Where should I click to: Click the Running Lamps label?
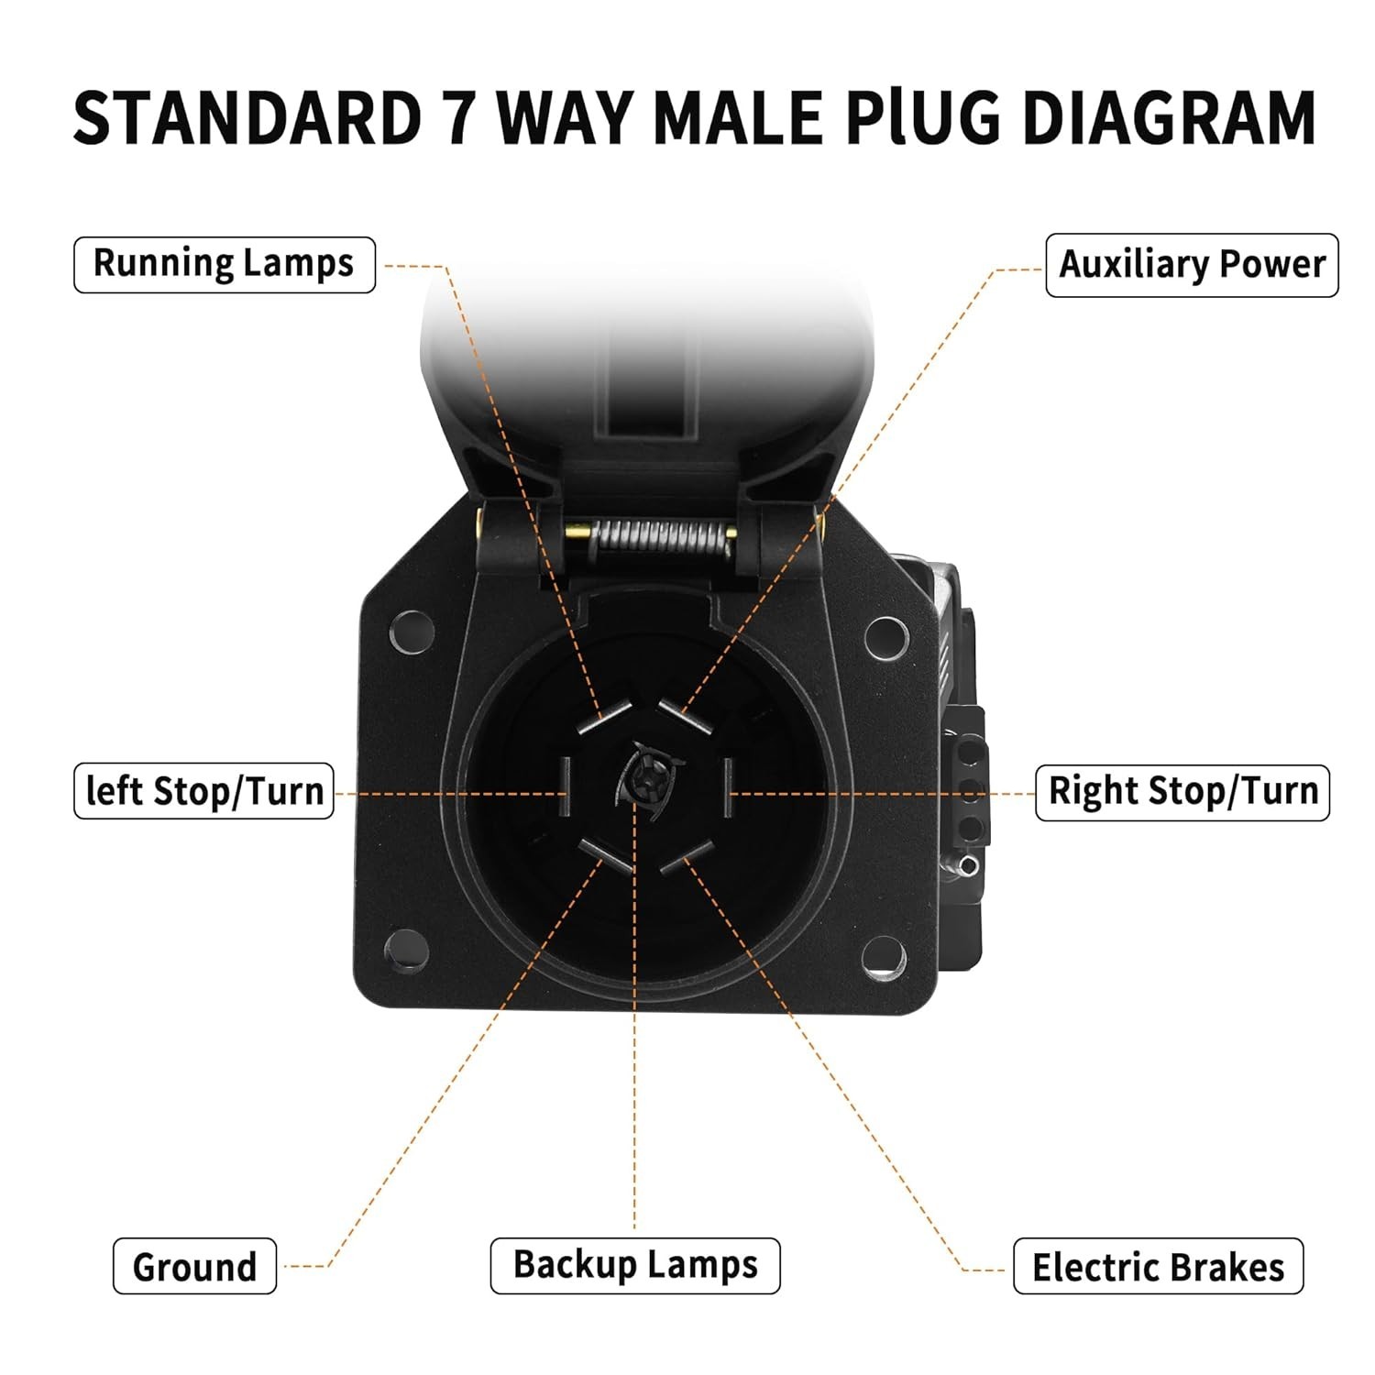pyautogui.click(x=224, y=264)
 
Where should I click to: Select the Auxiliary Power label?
pyautogui.click(x=1192, y=265)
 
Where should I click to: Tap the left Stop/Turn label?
pyautogui.click(x=203, y=790)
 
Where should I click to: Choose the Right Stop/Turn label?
pyautogui.click(x=1182, y=792)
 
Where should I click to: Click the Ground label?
pyautogui.click(x=194, y=1266)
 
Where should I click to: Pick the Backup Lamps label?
pyautogui.click(x=635, y=1266)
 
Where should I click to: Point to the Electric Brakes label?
pyautogui.click(x=1158, y=1266)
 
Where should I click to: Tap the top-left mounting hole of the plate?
pyautogui.click(x=412, y=632)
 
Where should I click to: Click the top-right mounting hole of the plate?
pyautogui.click(x=886, y=636)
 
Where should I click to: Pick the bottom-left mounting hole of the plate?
pyautogui.click(x=406, y=951)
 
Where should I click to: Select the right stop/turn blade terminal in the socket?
pyautogui.click(x=728, y=786)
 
